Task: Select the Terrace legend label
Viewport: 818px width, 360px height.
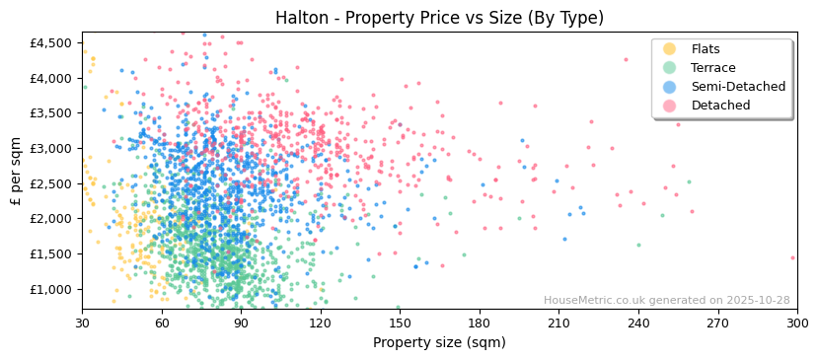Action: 712,68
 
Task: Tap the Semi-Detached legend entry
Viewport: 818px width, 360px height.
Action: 738,87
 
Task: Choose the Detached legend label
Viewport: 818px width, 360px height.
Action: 719,106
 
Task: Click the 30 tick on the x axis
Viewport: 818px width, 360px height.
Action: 83,323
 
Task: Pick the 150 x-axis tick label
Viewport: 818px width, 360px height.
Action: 400,323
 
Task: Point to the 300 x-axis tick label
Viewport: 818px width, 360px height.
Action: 797,323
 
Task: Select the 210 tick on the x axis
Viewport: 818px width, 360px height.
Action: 558,323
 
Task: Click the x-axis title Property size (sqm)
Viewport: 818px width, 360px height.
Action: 439,342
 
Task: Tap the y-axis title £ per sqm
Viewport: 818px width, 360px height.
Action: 16,171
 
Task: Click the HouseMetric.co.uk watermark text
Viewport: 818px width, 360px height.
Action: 666,301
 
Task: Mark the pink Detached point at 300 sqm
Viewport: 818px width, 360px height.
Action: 792,258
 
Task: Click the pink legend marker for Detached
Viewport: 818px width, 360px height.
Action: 670,106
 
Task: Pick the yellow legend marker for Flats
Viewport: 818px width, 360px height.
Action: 670,49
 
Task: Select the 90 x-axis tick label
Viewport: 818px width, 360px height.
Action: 241,323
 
